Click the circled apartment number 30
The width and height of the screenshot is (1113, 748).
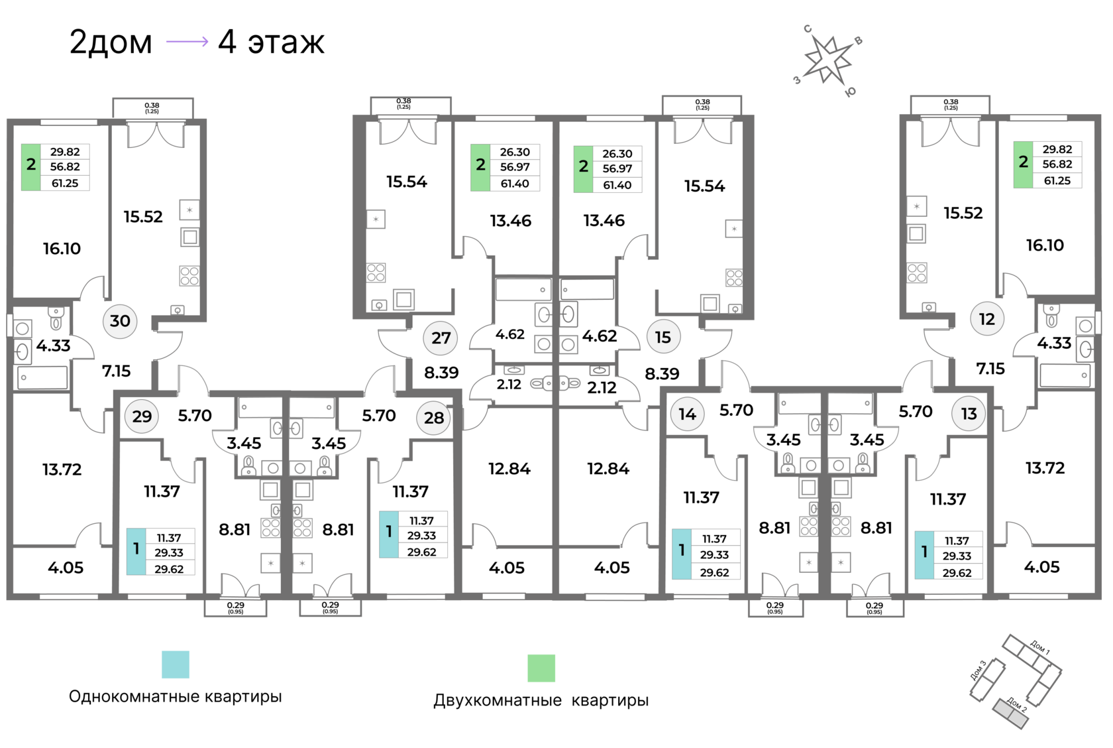(120, 321)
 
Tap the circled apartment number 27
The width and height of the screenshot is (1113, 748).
(441, 338)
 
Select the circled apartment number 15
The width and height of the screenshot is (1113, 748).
(663, 337)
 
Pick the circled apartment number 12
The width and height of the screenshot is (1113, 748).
(987, 319)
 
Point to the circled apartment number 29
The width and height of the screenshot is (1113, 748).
(142, 416)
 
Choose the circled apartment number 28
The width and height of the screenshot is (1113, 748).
(434, 418)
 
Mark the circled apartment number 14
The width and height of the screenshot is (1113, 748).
(688, 414)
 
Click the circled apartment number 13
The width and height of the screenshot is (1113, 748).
(969, 414)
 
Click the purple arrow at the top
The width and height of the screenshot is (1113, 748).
(187, 42)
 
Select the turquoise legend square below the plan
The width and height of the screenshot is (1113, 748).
(176, 664)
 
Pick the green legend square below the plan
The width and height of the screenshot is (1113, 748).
(541, 668)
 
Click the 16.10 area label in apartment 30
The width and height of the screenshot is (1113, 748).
(62, 249)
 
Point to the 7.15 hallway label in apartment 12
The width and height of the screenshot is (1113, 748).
(990, 368)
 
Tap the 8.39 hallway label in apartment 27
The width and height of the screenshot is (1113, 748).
(441, 373)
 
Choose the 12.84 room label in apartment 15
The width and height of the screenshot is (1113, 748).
(608, 469)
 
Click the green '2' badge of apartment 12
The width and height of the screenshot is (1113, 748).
(1024, 162)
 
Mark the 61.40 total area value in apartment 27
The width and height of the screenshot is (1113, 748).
(515, 184)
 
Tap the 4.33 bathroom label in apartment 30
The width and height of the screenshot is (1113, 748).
(53, 345)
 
